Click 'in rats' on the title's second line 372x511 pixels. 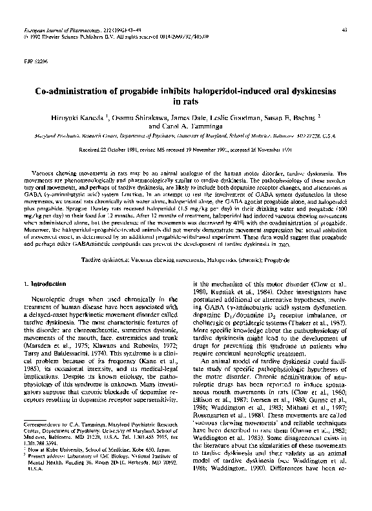point(186,101)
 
